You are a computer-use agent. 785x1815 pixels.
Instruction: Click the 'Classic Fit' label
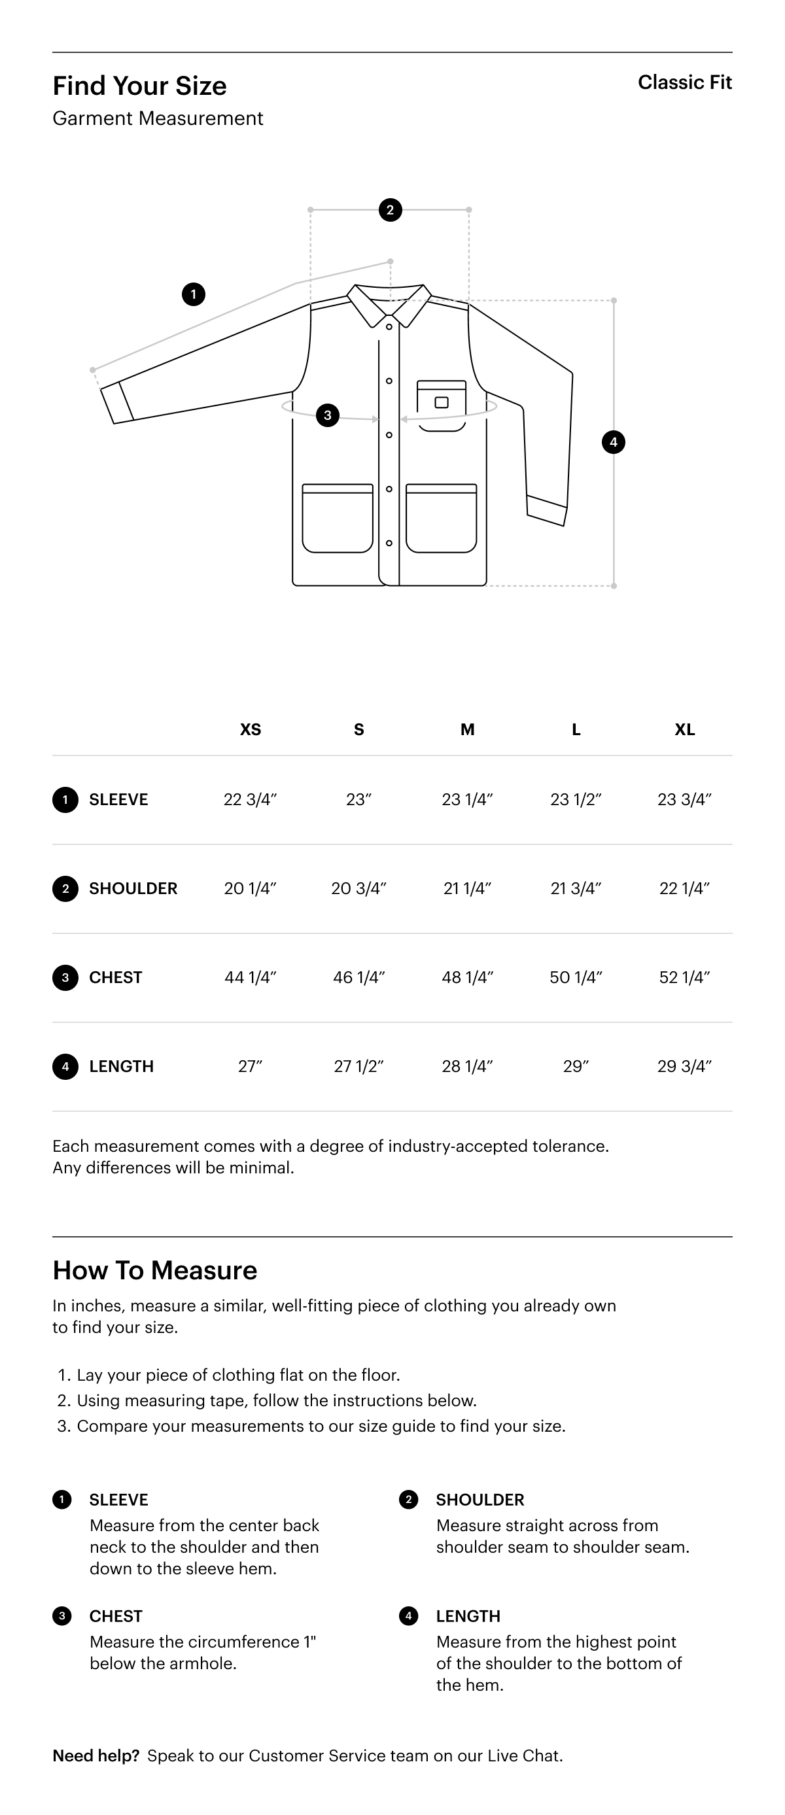pos(684,82)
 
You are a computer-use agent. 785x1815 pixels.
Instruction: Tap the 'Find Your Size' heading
pos(139,86)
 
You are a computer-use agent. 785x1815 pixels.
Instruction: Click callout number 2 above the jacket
pos(391,210)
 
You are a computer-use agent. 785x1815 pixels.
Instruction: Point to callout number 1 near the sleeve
pos(194,294)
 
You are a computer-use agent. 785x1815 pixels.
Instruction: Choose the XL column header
pos(684,729)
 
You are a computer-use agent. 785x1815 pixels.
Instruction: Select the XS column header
pos(250,729)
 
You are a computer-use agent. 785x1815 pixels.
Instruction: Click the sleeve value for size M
pos(467,800)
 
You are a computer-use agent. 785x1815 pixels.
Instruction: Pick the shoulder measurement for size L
pos(576,888)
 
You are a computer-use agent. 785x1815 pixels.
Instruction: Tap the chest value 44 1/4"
pos(250,977)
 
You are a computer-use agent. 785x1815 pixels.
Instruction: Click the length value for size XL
pos(684,1066)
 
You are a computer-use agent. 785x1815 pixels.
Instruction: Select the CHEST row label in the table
pos(116,977)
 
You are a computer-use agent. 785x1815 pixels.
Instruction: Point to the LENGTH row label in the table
pos(121,1066)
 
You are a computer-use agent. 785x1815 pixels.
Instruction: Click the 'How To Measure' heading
pos(155,1270)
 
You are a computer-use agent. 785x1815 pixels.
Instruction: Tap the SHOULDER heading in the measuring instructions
pos(480,1499)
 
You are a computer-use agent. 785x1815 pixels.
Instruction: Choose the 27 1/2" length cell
pos(358,1066)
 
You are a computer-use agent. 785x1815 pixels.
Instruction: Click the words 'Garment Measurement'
pos(158,118)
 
